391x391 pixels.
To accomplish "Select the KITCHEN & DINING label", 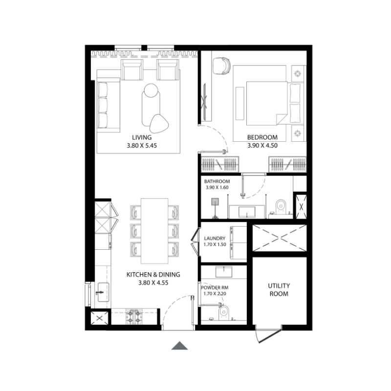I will pyautogui.click(x=153, y=275).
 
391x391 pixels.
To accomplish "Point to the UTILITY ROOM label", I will pyautogui.click(x=279, y=289).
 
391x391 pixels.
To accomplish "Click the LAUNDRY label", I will pyautogui.click(x=215, y=239).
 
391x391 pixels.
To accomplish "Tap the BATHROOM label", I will pyautogui.click(x=217, y=181).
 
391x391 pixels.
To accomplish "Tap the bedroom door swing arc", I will pyautogui.click(x=218, y=136).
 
